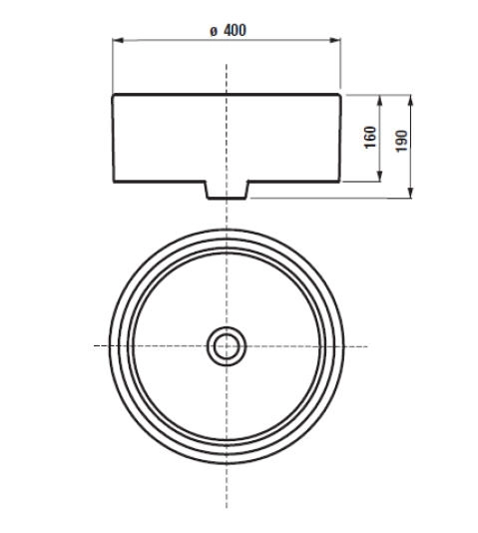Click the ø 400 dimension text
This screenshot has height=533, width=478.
click(x=228, y=30)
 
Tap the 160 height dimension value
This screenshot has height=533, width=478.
click(x=370, y=138)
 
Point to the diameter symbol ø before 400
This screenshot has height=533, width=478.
click(x=214, y=31)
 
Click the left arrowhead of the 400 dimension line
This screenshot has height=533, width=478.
click(x=116, y=42)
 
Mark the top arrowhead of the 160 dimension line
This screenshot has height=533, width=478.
click(x=380, y=99)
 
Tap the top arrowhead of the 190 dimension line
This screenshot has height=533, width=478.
click(x=411, y=99)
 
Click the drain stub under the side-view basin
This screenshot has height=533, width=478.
click(x=227, y=191)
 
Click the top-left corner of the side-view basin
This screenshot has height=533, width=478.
click(x=113, y=95)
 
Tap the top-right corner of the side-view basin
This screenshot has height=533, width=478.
click(x=341, y=95)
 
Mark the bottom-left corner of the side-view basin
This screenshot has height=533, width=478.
click(x=113, y=184)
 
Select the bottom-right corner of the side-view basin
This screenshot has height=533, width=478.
click(x=341, y=184)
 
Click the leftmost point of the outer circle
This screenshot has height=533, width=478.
click(x=109, y=346)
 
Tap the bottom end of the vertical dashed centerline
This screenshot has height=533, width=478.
click(x=227, y=507)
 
